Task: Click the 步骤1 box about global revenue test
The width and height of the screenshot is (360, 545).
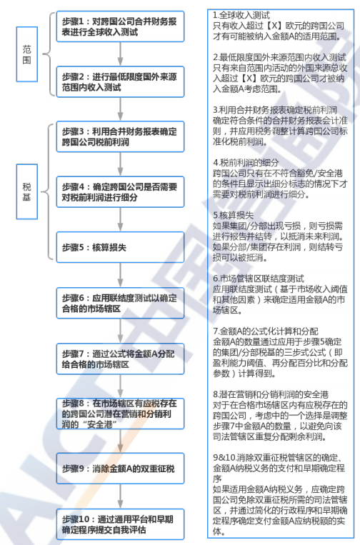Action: pyautogui.click(x=120, y=26)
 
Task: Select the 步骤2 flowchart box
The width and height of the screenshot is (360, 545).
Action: pyautogui.click(x=120, y=81)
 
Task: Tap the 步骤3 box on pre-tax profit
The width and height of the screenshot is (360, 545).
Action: pyautogui.click(x=120, y=136)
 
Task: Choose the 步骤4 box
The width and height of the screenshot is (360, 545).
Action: pyautogui.click(x=120, y=192)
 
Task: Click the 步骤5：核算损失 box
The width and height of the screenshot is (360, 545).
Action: pyautogui.click(x=120, y=247)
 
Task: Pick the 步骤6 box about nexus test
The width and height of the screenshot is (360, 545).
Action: pyautogui.click(x=120, y=303)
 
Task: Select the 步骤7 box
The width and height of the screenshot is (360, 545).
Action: pyautogui.click(x=120, y=359)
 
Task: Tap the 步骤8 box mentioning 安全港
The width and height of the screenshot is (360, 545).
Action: pyautogui.click(x=120, y=414)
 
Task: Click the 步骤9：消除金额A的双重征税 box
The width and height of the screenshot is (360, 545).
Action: pyautogui.click(x=120, y=468)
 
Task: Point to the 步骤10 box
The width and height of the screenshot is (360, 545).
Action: pyautogui.click(x=120, y=524)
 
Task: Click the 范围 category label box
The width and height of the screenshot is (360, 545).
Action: pyautogui.click(x=26, y=54)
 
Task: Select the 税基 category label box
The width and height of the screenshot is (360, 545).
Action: pyautogui.click(x=26, y=191)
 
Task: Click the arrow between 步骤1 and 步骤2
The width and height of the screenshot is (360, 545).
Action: pyautogui.click(x=120, y=54)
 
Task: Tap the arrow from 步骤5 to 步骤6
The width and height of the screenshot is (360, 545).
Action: pyautogui.click(x=120, y=275)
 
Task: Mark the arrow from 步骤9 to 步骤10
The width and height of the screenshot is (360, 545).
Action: pyautogui.click(x=120, y=496)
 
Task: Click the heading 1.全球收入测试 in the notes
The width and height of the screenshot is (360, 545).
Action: pyautogui.click(x=241, y=15)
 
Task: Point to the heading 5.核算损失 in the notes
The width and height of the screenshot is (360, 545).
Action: pyautogui.click(x=233, y=215)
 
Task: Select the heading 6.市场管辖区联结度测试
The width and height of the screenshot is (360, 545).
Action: pyautogui.click(x=259, y=279)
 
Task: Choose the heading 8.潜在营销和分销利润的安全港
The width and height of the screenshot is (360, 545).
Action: pyautogui.click(x=271, y=394)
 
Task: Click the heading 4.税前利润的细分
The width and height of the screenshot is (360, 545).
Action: pyautogui.click(x=246, y=162)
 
